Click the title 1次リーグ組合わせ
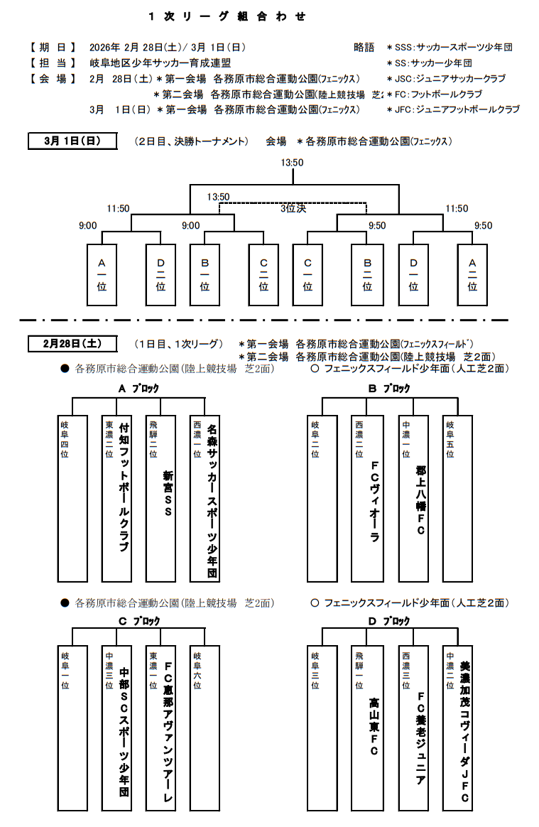[227, 16]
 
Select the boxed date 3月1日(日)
[72, 141]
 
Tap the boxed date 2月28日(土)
[72, 343]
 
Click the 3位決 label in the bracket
[292, 209]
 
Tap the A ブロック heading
[138, 389]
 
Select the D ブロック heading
[388, 621]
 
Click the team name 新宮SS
[168, 493]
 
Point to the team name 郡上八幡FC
[420, 500]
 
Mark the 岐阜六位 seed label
[197, 671]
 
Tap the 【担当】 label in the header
[53, 63]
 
